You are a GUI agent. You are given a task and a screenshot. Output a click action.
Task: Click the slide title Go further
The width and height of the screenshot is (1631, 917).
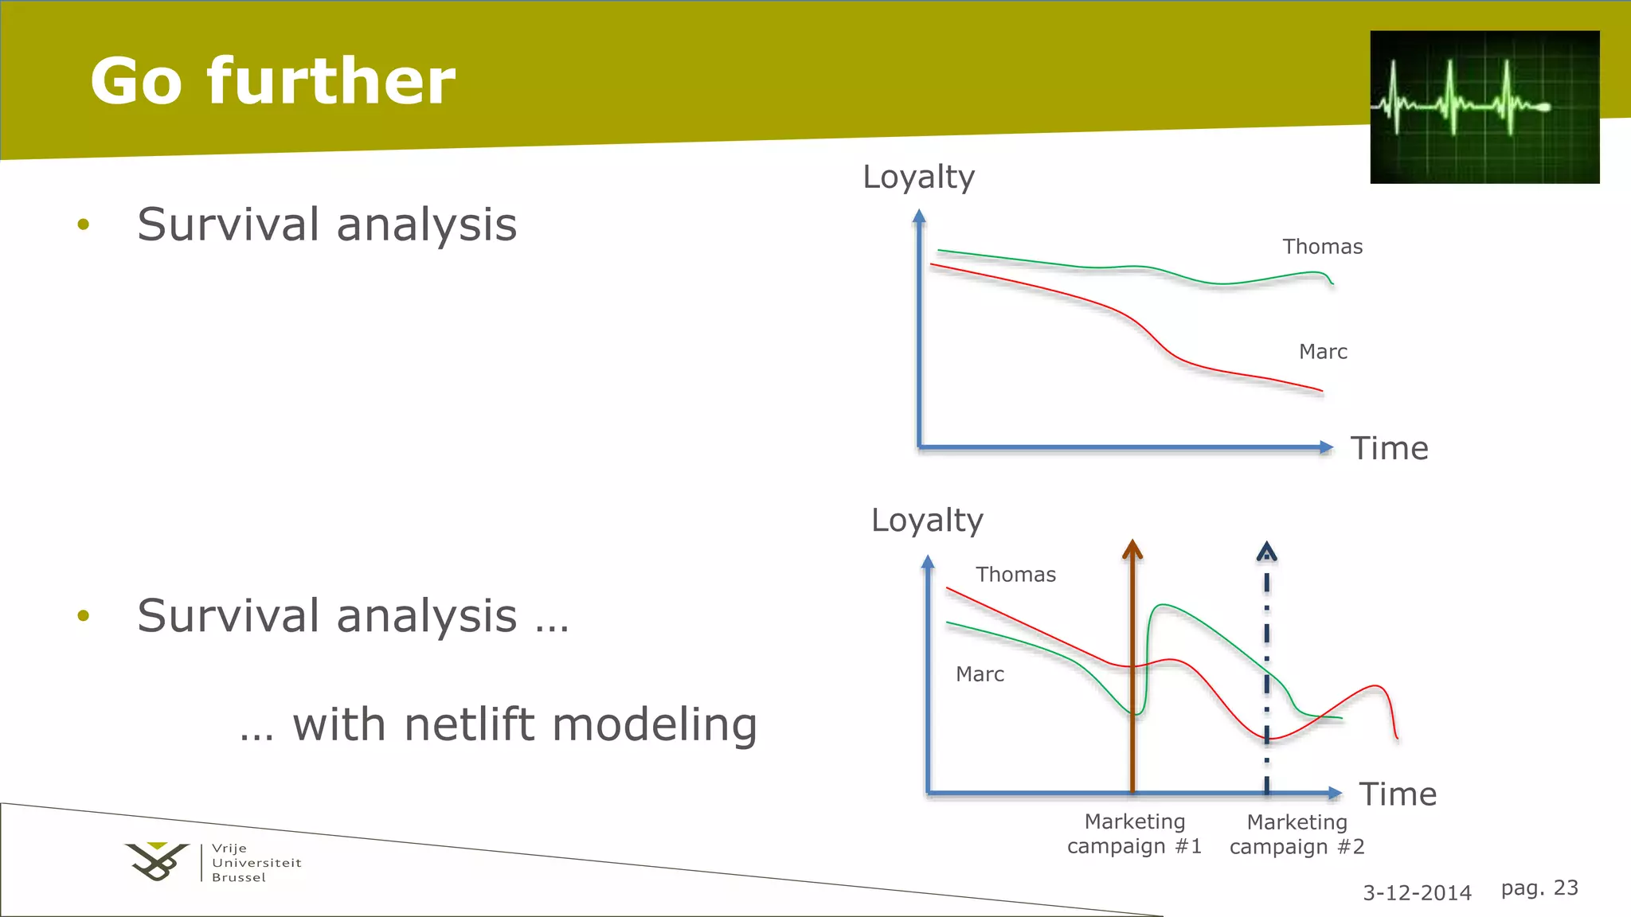[272, 81]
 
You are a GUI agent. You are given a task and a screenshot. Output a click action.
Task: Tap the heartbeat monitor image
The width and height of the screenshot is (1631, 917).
[1484, 107]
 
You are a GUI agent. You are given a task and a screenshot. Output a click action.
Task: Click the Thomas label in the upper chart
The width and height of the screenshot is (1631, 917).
[1322, 247]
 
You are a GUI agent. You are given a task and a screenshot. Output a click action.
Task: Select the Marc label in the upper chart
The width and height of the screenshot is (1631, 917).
[1323, 352]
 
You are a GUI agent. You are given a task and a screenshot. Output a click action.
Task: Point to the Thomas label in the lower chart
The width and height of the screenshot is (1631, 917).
[1015, 575]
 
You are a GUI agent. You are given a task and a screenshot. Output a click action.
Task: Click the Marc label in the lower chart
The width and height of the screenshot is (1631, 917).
[980, 674]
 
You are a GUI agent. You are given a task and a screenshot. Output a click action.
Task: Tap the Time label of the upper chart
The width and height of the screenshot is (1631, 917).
[1389, 449]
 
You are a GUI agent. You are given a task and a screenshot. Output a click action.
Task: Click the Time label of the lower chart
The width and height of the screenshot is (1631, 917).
[1397, 794]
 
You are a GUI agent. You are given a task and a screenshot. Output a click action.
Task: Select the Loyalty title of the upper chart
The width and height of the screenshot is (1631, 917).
[918, 177]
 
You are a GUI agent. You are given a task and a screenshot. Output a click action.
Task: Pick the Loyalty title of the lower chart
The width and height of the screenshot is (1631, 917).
[927, 521]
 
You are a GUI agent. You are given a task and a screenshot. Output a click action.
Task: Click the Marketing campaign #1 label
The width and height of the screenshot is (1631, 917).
[1134, 833]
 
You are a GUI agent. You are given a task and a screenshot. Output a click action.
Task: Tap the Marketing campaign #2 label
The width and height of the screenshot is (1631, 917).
[1297, 834]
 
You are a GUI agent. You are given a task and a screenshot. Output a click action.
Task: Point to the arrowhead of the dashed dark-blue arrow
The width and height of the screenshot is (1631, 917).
[1266, 551]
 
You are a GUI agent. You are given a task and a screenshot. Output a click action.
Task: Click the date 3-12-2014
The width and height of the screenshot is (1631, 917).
[1417, 893]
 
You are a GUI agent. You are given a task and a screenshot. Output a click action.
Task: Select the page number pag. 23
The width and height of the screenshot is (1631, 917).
[1539, 888]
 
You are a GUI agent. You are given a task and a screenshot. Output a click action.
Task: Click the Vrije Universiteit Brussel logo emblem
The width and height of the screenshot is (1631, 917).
[158, 861]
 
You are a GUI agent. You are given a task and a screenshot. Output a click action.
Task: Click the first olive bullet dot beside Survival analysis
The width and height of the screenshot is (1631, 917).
[84, 224]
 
